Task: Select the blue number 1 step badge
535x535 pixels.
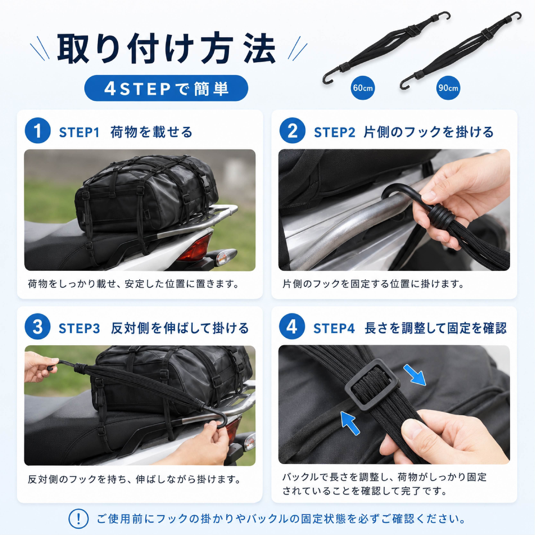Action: pyautogui.click(x=38, y=131)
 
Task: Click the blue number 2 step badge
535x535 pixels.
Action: pyautogui.click(x=292, y=131)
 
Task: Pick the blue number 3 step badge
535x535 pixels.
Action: pyautogui.click(x=38, y=327)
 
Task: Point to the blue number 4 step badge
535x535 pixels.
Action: pyautogui.click(x=292, y=327)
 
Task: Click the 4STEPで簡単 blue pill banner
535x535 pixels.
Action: pyautogui.click(x=166, y=88)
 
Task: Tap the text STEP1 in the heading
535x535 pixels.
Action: pyautogui.click(x=79, y=132)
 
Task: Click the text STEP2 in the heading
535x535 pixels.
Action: pyautogui.click(x=334, y=132)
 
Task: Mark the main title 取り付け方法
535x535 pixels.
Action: pyautogui.click(x=166, y=48)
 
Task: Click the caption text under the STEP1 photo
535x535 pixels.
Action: pyautogui.click(x=134, y=284)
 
